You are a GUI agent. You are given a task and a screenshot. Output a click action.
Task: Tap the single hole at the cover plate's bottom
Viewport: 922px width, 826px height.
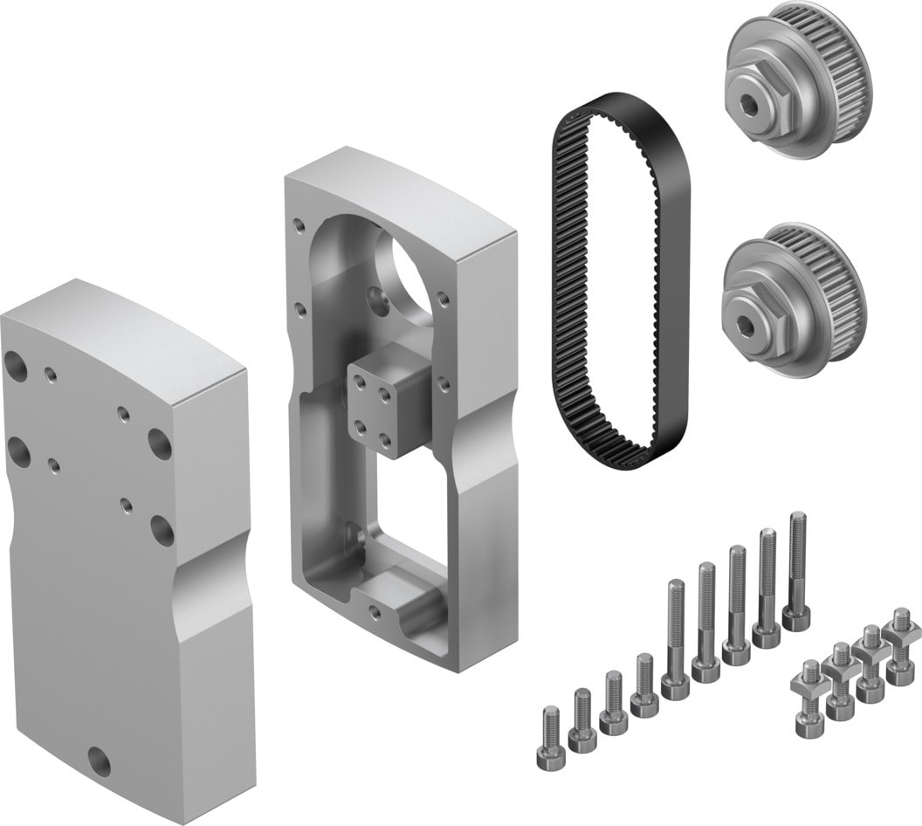pyautogui.click(x=100, y=761)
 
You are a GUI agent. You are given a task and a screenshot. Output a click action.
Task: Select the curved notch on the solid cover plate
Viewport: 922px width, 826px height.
pyautogui.click(x=210, y=581)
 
